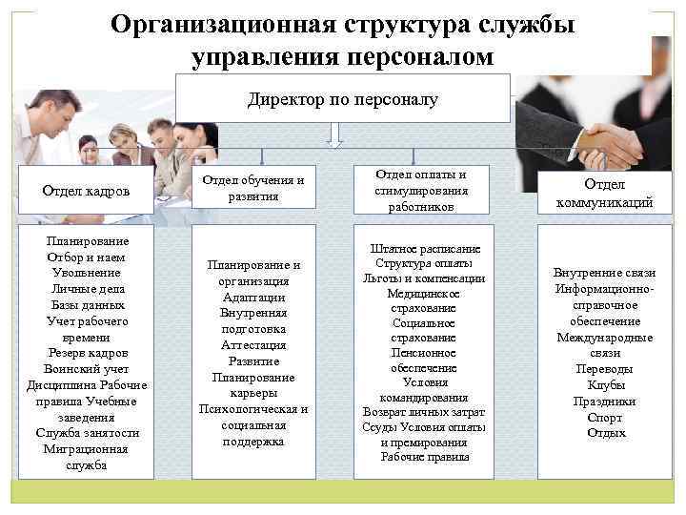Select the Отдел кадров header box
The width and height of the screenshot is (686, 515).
click(x=86, y=191)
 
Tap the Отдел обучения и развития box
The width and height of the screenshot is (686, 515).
click(x=253, y=188)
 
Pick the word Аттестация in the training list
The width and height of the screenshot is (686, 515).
click(x=253, y=345)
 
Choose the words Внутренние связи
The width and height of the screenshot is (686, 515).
click(x=604, y=272)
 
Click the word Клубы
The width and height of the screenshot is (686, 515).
click(x=604, y=384)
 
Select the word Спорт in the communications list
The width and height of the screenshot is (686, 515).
click(x=604, y=417)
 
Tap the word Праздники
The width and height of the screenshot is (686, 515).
click(x=604, y=401)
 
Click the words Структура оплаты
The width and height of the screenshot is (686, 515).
click(x=424, y=263)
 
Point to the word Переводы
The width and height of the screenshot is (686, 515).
click(x=604, y=369)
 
